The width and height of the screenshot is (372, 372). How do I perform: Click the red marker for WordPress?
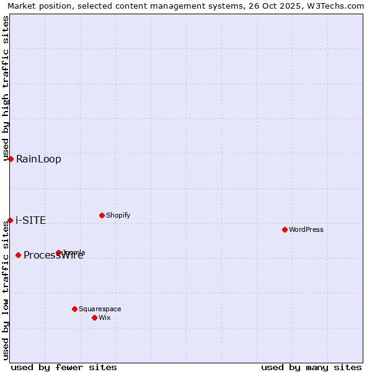click(285, 229)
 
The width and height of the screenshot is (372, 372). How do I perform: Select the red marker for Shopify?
click(102, 215)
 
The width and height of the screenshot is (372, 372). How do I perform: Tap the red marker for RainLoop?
click(11, 159)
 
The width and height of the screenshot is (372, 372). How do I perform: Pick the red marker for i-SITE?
click(10, 220)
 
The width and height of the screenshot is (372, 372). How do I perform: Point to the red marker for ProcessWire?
click(18, 255)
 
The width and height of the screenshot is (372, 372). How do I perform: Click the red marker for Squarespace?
click(74, 309)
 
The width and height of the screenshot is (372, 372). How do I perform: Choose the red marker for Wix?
click(94, 317)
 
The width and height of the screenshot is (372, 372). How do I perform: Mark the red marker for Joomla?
click(59, 252)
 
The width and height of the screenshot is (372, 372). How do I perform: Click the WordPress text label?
click(306, 229)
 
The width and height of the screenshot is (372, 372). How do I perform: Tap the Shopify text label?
click(118, 215)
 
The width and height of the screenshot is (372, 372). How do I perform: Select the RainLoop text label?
click(38, 159)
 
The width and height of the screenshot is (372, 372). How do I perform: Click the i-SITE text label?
click(31, 220)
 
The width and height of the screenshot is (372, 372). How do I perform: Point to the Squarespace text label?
click(100, 309)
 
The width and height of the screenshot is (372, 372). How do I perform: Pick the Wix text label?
click(105, 317)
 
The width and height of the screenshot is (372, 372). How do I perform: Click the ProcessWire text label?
click(53, 255)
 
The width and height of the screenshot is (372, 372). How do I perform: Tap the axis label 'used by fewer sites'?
click(64, 367)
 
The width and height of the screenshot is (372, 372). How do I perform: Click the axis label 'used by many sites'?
click(311, 367)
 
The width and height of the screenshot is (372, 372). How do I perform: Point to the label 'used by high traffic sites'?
click(6, 87)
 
